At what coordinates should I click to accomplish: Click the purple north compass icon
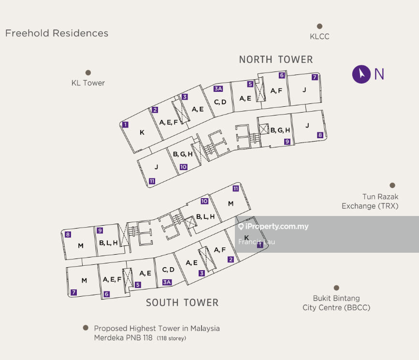pos(361,74)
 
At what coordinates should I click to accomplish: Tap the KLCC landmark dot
pos(319,27)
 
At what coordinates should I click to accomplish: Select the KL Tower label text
pos(88,83)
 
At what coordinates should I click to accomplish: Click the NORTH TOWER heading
pos(276,59)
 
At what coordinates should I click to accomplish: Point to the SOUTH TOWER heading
pos(182,302)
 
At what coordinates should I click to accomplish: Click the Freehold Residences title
pos(57,33)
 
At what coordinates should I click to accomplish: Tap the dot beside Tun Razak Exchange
pos(392,185)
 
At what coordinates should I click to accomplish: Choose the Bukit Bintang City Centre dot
pos(336,288)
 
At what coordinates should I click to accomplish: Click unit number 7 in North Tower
pos(315,77)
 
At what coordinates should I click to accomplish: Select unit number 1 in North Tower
pos(125,124)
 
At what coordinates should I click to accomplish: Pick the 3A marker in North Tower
pos(217,88)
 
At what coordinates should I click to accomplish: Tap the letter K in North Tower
pos(142,132)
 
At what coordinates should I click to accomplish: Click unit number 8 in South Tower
pos(68,235)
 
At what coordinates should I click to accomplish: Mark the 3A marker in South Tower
pos(167,282)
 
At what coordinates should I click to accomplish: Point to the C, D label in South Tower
pos(168,270)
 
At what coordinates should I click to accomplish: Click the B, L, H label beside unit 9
pos(108,243)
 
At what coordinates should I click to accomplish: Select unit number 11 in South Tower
pos(236,188)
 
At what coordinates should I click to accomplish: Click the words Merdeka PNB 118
pos(124,338)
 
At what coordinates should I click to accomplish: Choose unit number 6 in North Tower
pos(282,75)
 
